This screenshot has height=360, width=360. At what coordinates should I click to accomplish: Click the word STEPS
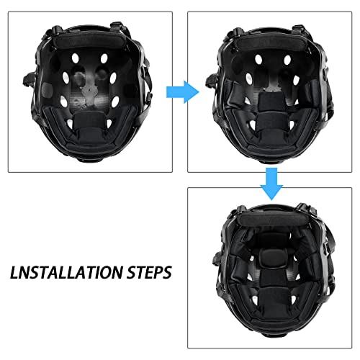(x=148, y=273)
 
